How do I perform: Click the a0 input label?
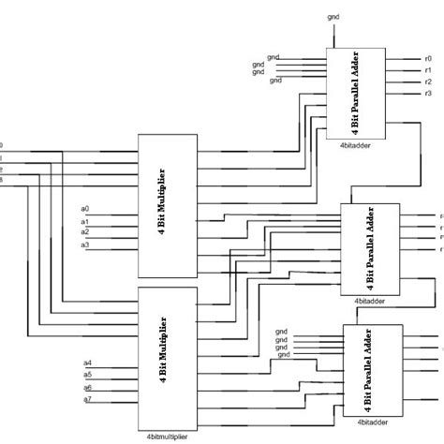(84, 208)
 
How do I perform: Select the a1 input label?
(84, 220)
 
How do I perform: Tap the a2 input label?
(84, 231)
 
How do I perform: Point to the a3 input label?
(84, 245)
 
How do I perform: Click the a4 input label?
(87, 363)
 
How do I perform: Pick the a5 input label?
(87, 375)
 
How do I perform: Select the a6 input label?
(87, 387)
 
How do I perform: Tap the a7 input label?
(87, 400)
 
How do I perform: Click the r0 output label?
(427, 58)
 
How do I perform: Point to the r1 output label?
(427, 69)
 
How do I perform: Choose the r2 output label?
(427, 81)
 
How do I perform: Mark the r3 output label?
(427, 94)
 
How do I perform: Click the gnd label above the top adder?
(334, 16)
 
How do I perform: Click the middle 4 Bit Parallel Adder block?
(371, 247)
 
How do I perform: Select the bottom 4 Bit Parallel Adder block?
(374, 375)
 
